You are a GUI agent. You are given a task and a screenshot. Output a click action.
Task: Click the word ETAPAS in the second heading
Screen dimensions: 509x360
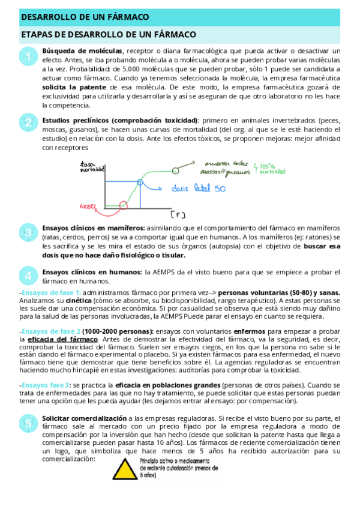[37, 35]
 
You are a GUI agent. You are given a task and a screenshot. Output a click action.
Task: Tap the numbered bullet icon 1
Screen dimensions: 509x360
[28, 58]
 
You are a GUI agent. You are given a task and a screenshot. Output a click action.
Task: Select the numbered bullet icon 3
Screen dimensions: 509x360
[28, 232]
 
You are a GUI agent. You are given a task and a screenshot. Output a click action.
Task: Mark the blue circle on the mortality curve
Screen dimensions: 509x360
[140, 181]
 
